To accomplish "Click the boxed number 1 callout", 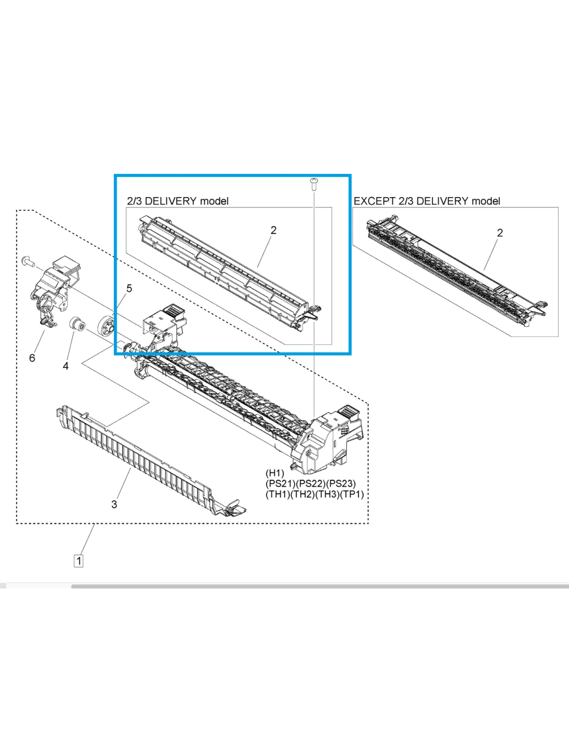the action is pos(79,561).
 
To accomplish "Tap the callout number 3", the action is pos(114,504).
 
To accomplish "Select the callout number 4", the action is pos(66,366).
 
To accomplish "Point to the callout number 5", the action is pos(129,289).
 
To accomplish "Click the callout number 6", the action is pos(32,358).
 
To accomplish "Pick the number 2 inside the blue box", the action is pos(274,230).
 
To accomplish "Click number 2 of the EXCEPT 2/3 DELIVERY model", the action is pos(500,233).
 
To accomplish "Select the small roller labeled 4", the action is pos(77,325).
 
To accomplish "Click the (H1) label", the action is pos(275,473).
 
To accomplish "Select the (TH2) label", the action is pos(303,494).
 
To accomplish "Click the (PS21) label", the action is pos(280,483).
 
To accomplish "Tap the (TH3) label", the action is pos(327,494).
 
